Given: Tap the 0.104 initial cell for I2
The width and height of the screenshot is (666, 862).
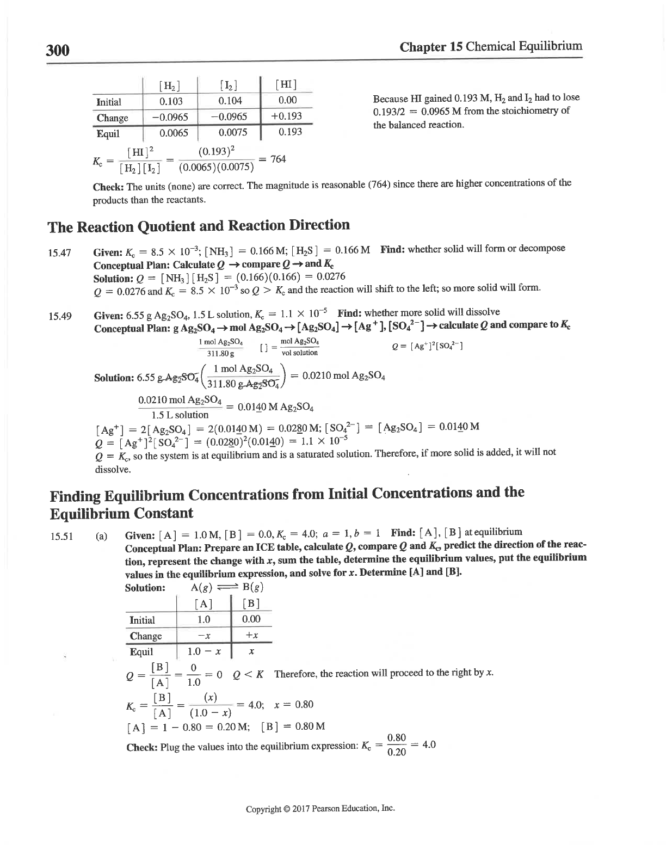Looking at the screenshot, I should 230,101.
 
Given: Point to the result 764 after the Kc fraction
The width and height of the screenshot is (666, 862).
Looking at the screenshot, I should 278,159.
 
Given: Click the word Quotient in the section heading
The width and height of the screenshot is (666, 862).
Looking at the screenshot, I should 177,226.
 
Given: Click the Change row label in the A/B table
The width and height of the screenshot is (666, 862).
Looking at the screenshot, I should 146,636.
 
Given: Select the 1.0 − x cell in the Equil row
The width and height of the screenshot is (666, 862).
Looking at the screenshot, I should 204,652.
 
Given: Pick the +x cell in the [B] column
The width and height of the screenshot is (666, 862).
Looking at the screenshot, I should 251,636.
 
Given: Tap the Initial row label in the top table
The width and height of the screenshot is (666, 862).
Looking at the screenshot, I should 109,102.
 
